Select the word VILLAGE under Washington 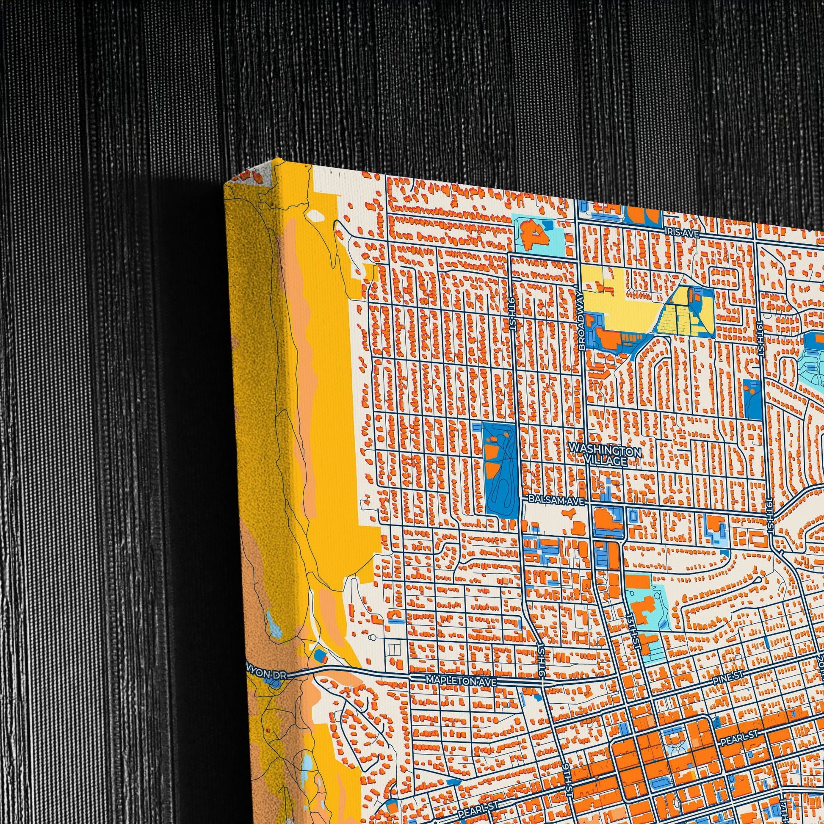pyautogui.click(x=605, y=461)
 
